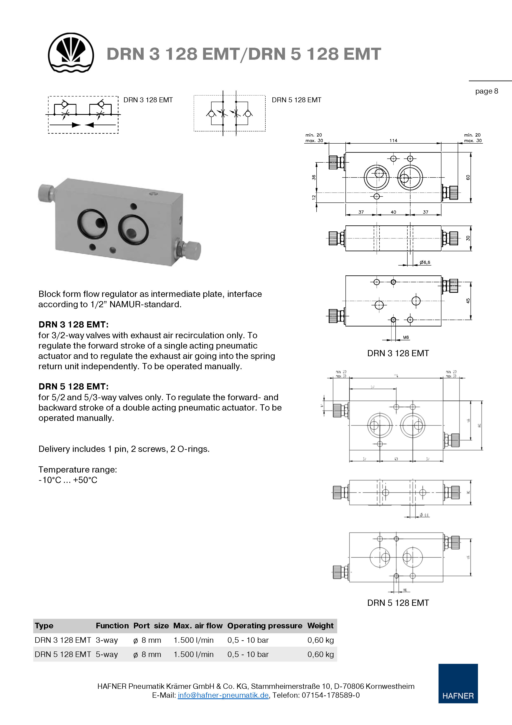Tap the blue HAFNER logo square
(x=458, y=683)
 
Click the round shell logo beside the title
(x=71, y=53)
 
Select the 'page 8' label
(x=486, y=91)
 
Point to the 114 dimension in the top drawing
(x=393, y=140)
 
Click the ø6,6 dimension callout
(x=425, y=262)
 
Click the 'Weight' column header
(x=320, y=626)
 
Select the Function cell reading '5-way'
(x=107, y=654)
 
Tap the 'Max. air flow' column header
(x=198, y=626)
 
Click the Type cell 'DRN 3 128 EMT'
(x=63, y=640)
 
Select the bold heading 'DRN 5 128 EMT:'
(x=73, y=387)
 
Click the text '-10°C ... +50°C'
(x=68, y=480)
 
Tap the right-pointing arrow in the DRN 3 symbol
(x=76, y=125)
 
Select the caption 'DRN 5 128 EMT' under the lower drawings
(x=398, y=603)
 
